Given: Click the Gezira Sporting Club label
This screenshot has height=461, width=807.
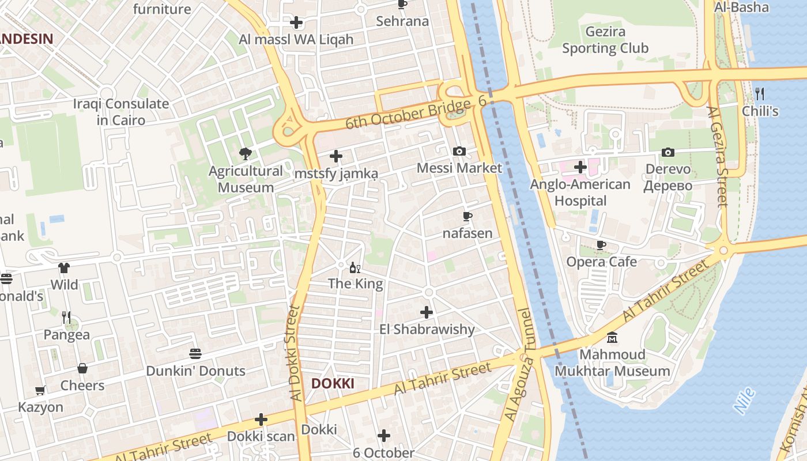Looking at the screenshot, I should tap(605, 40).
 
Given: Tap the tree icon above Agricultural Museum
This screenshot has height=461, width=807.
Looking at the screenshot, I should tap(246, 154).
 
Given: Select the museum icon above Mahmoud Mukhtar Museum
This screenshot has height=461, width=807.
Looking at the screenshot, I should tap(612, 337).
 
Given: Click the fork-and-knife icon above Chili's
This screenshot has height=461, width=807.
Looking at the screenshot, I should tap(760, 93).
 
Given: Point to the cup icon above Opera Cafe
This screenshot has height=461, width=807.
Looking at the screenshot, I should tap(601, 245).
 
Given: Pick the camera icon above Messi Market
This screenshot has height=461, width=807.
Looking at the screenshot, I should tap(459, 151).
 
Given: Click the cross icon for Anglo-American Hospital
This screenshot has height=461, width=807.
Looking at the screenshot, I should tap(580, 167).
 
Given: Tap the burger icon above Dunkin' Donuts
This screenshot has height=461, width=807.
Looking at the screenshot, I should tap(195, 353).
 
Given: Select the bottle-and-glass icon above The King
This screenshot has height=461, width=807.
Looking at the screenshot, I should tap(355, 267).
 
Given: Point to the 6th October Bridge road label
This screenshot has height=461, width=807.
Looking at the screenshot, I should tap(408, 114).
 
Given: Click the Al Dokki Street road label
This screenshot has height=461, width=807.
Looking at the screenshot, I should tap(295, 353).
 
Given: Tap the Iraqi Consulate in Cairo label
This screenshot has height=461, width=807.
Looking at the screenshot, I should tap(121, 112).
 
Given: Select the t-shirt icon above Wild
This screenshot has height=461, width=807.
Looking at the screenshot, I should tap(64, 268).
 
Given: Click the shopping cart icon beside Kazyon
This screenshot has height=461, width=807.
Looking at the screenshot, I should tap(40, 391).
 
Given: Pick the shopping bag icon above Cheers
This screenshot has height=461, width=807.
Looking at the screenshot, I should tap(82, 368).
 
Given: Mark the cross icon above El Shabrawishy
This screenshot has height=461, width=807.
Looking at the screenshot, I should tap(427, 312).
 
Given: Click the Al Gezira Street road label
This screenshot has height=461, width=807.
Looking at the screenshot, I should tap(718, 156).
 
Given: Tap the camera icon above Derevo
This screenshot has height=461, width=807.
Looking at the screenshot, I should tap(668, 152).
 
